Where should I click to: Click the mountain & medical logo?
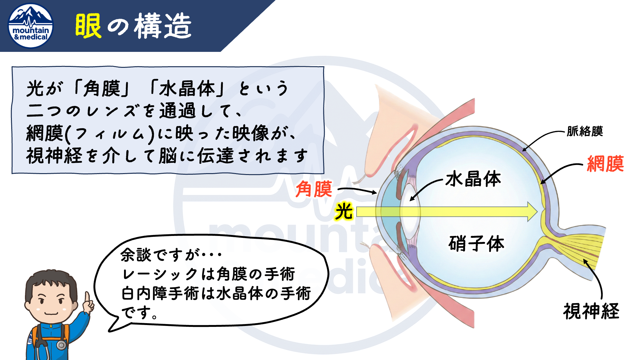(31, 26)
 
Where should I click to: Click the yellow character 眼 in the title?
(88, 26)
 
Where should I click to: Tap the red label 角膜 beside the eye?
(314, 189)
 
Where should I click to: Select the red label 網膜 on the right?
(605, 163)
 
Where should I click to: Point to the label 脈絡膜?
(585, 131)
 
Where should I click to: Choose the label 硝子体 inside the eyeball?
(476, 243)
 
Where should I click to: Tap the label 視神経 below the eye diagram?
(591, 311)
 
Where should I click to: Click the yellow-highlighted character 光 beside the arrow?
(344, 211)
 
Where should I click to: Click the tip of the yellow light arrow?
(537, 212)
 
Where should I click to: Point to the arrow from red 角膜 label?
(357, 190)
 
